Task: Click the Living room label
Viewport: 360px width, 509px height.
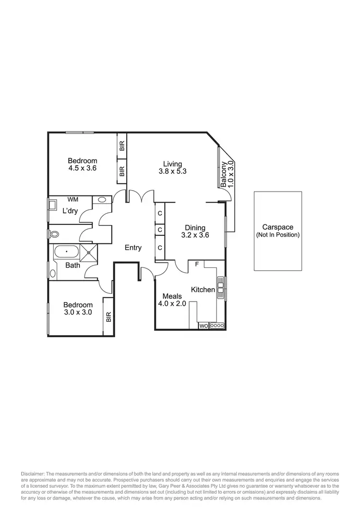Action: tap(172, 164)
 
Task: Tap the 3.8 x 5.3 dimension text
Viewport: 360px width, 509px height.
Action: tap(172, 171)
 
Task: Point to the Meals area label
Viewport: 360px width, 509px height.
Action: tap(172, 296)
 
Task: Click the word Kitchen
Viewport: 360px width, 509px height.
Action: tap(203, 290)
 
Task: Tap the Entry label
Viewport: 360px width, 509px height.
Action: tap(133, 248)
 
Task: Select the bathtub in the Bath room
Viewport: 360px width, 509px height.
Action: tap(66, 251)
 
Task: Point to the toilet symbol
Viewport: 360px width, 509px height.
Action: tap(54, 234)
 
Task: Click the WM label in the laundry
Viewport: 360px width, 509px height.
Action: tap(73, 199)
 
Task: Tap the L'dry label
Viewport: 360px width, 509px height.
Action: tap(70, 211)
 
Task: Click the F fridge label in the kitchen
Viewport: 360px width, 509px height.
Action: tap(197, 264)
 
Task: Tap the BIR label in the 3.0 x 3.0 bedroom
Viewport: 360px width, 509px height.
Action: tap(108, 316)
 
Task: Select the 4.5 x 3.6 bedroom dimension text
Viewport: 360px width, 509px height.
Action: tap(82, 168)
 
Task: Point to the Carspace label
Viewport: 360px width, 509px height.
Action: tap(277, 228)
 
